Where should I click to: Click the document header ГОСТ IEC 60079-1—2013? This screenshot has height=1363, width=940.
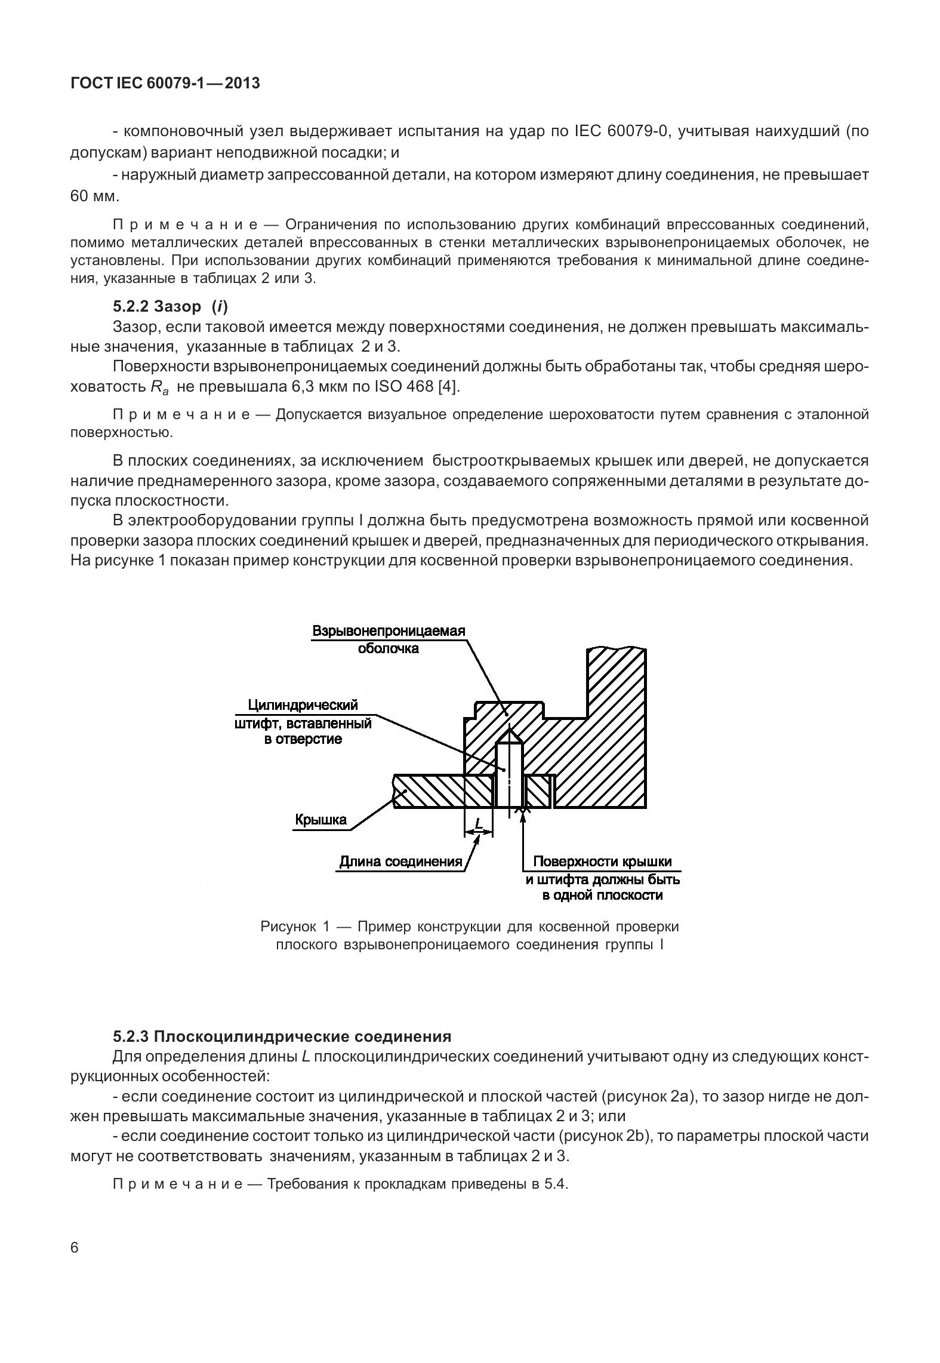click(x=165, y=84)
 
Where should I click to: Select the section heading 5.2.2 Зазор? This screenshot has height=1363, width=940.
click(x=170, y=306)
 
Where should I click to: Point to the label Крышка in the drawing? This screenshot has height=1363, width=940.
click(x=320, y=820)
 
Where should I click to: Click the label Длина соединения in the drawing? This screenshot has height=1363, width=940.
click(x=400, y=862)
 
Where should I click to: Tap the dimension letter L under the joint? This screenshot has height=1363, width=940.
click(x=478, y=824)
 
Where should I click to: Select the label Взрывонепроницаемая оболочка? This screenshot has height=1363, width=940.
click(x=389, y=639)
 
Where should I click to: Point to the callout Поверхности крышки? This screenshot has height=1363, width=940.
click(x=602, y=862)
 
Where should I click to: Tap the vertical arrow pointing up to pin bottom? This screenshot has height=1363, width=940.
click(x=523, y=836)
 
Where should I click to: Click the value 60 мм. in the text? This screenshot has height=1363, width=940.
click(x=95, y=196)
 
